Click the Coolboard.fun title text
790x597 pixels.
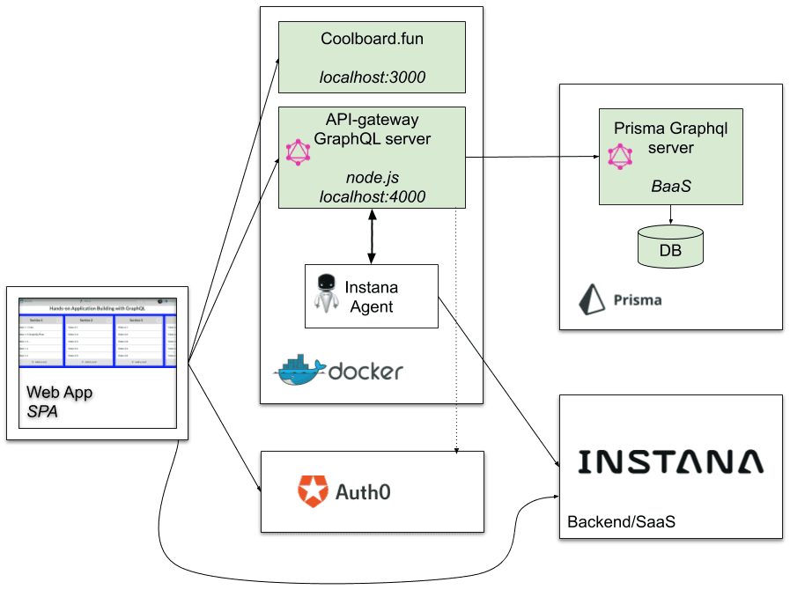[x=372, y=40]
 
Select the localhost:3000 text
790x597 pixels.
[x=372, y=77]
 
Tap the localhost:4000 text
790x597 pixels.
[x=372, y=197]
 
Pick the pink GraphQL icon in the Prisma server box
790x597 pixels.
[x=621, y=157]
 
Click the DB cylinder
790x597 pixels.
[x=670, y=246]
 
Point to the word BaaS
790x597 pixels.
[x=670, y=186]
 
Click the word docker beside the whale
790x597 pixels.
[x=365, y=372]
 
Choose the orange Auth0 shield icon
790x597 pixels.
[x=313, y=490]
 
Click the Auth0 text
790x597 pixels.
[x=363, y=490]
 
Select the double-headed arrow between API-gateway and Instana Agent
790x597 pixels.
[x=372, y=236]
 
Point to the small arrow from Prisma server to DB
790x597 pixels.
[x=671, y=215]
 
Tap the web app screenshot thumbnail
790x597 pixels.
[x=98, y=332]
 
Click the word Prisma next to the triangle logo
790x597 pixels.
[x=637, y=300]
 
